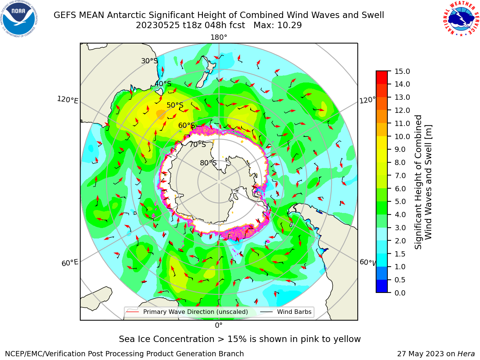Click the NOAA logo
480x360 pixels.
pos(19,19)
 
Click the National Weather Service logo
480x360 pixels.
pos(461,19)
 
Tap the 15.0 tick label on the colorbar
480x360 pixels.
pos(402,72)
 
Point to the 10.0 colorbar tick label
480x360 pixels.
pos(402,136)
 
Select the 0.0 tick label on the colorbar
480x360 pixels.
pos(400,293)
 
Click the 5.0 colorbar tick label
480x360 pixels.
pos(400,201)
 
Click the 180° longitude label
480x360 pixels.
pos(219,37)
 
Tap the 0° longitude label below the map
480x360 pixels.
pos(219,325)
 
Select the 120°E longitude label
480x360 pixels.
pos(67,100)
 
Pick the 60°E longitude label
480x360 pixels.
pos(70,263)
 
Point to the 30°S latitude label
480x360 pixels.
pos(149,61)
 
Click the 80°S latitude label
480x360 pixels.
pos(208,163)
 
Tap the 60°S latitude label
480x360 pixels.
pos(186,125)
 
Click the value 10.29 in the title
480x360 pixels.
pos(290,25)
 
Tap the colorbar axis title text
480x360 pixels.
pos(423,182)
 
